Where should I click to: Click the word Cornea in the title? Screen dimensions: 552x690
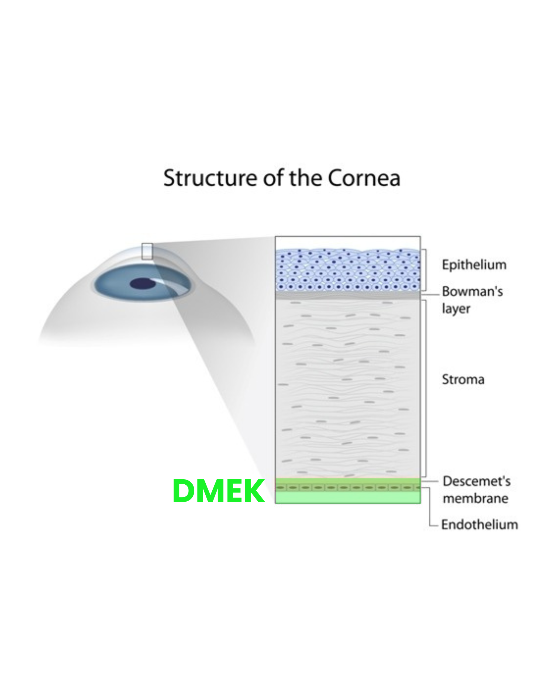point(364,178)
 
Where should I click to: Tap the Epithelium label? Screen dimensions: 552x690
point(474,265)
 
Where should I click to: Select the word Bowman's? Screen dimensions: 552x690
point(472,292)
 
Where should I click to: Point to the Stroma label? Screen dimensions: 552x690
point(463,379)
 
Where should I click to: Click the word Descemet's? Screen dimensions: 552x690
point(477,481)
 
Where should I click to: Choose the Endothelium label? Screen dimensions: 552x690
point(479,525)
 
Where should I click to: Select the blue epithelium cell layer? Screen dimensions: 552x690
point(348,270)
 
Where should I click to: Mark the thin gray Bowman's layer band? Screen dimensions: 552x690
point(348,295)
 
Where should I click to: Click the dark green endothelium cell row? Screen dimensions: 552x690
point(348,487)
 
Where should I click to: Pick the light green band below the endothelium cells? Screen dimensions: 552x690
point(348,497)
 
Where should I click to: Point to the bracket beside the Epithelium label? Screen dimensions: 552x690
point(425,270)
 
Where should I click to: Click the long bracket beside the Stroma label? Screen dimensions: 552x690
point(426,388)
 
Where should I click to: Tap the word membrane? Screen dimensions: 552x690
point(475,498)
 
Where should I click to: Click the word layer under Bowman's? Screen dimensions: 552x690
point(456,309)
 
